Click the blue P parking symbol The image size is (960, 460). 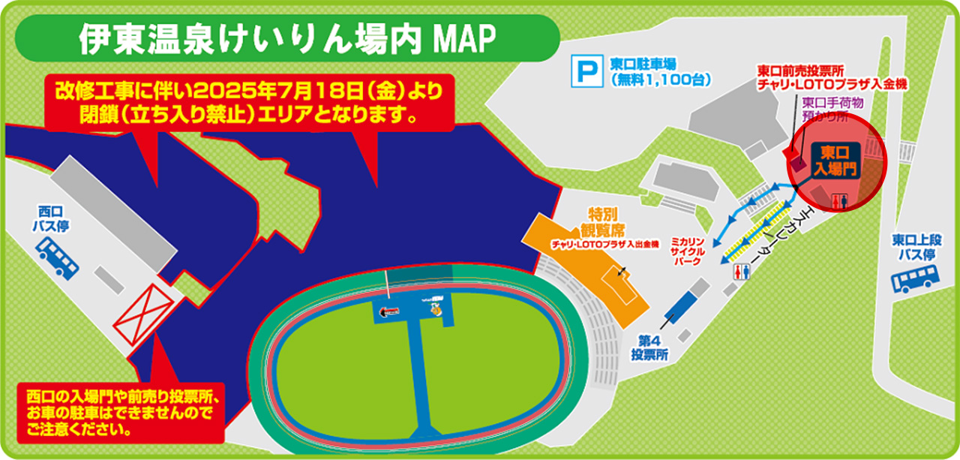pos(586,71)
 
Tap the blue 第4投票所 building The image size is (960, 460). pos(680,302)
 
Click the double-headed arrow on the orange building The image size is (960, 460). pos(622,272)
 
